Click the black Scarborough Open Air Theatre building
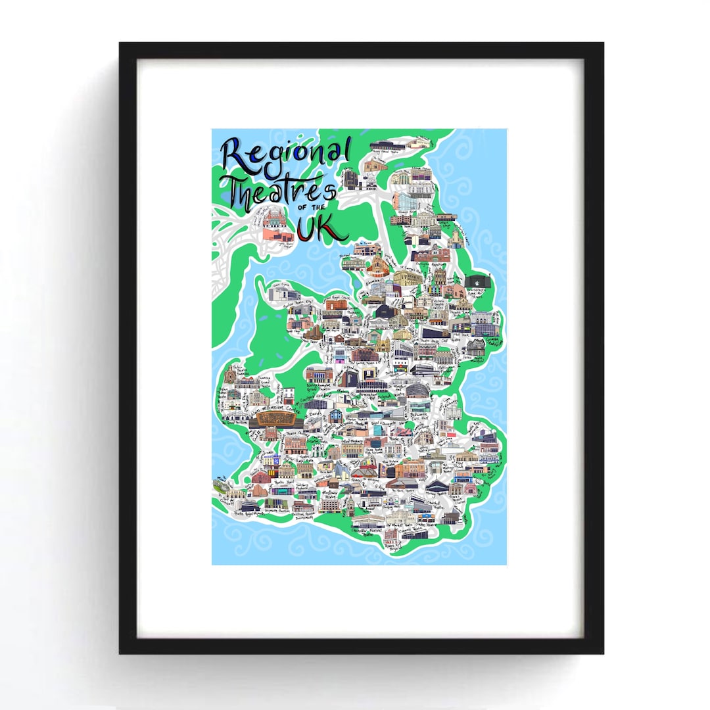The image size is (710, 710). (x=479, y=282)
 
